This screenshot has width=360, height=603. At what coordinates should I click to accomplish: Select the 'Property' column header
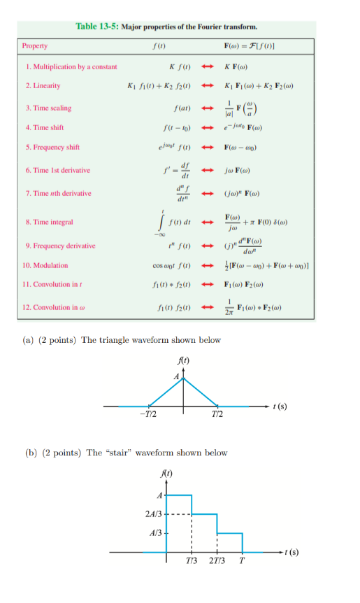coord(35,45)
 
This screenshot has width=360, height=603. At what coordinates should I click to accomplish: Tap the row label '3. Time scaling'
coord(48,108)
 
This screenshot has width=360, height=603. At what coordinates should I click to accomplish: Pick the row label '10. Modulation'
coord(45,265)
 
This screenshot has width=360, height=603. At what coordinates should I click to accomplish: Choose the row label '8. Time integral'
coord(48,222)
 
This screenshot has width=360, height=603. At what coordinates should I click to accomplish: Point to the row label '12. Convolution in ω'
coord(54,307)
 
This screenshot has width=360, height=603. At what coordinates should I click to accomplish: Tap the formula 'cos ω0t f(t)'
coord(171,265)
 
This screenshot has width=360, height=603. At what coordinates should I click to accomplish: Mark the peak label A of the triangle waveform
coord(177,377)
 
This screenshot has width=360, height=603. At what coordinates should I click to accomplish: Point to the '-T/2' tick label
coord(148,416)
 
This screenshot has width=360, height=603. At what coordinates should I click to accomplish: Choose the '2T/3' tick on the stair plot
coord(217,562)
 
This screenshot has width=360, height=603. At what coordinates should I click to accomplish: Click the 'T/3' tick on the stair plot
coord(192,562)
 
